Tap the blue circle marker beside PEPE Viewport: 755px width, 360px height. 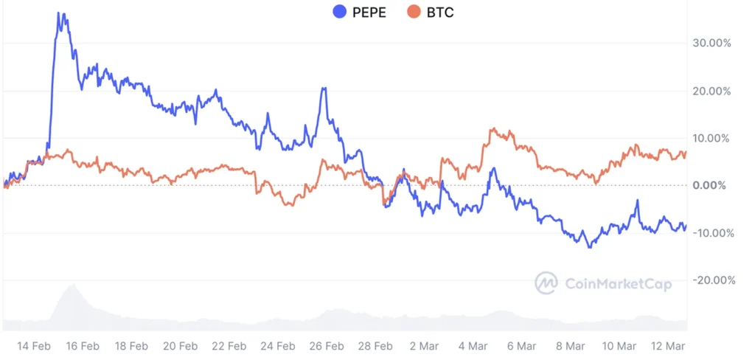click(x=340, y=13)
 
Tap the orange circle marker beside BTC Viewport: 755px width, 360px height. click(x=414, y=13)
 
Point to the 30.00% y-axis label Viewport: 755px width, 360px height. click(x=711, y=44)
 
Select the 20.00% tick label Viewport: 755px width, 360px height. click(x=711, y=91)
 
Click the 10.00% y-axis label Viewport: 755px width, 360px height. click(x=711, y=138)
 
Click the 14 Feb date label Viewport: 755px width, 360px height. click(x=32, y=345)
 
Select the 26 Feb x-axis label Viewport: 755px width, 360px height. click(x=325, y=345)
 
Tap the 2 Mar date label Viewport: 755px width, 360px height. click(x=423, y=345)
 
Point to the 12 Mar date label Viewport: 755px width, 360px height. click(x=667, y=345)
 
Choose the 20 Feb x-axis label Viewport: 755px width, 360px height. click(x=179, y=345)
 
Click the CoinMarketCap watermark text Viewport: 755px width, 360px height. click(x=618, y=283)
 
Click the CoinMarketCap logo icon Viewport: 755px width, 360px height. click(x=546, y=283)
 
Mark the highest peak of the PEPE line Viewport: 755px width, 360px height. click(x=60, y=13)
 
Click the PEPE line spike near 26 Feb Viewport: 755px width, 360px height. click(x=323, y=89)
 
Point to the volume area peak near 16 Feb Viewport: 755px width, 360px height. click(x=72, y=285)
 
